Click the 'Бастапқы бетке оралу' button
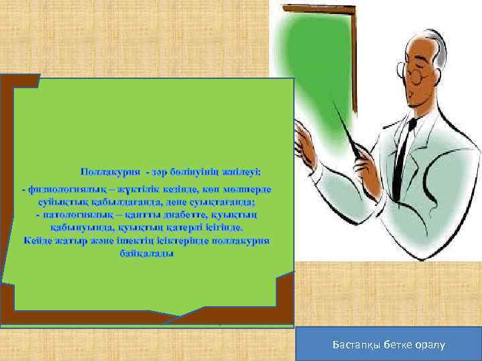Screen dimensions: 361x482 (391, 344)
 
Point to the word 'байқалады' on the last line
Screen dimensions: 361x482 (147, 253)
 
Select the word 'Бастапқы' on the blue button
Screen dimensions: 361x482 (356, 344)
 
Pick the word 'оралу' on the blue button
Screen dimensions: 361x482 (432, 344)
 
